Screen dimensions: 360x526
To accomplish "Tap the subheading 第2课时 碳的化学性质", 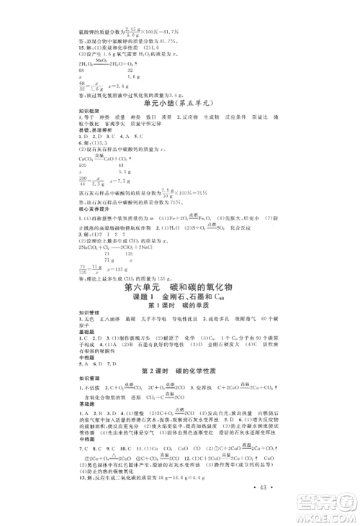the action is (180, 389).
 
